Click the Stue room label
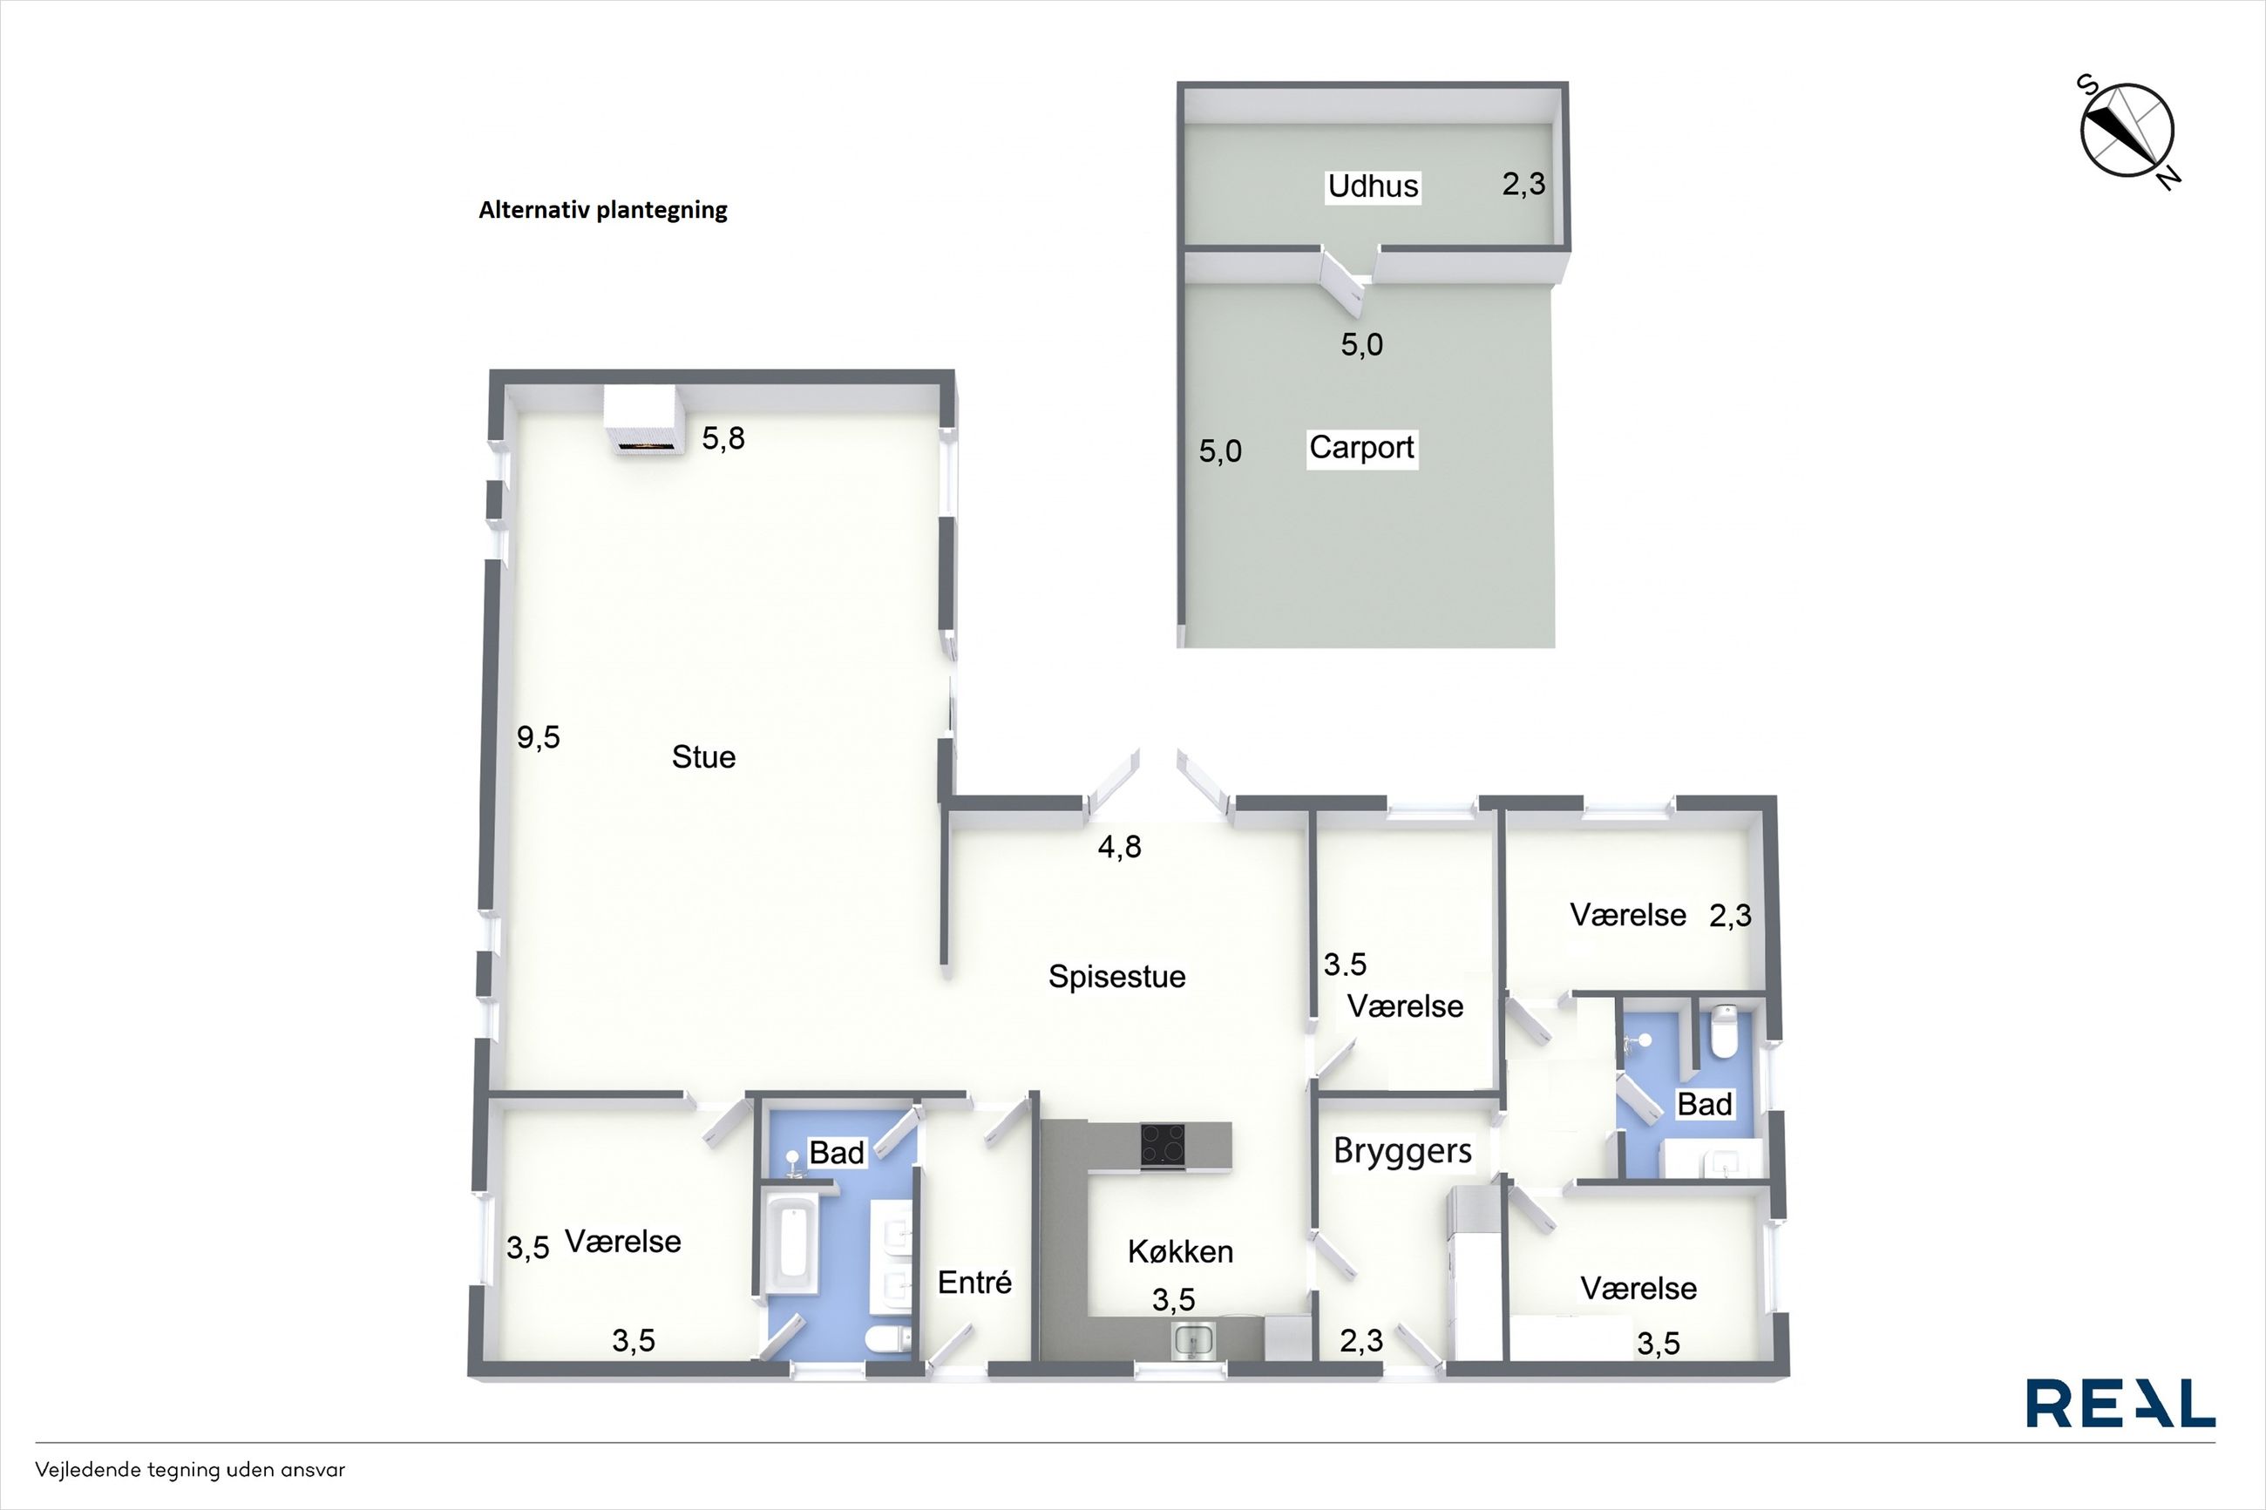coord(704,757)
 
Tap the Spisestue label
coord(1117,977)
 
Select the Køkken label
coord(1181,1252)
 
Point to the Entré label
coord(974,1283)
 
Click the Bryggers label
coord(1402,1152)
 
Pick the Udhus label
coord(1374,186)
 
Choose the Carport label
coord(1361,448)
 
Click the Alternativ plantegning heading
coord(603,210)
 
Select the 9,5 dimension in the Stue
coord(539,738)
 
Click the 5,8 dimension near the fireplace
coord(723,439)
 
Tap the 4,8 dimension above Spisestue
coord(1120,846)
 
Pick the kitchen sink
coord(1194,1339)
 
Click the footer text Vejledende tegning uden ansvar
coord(190,1471)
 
